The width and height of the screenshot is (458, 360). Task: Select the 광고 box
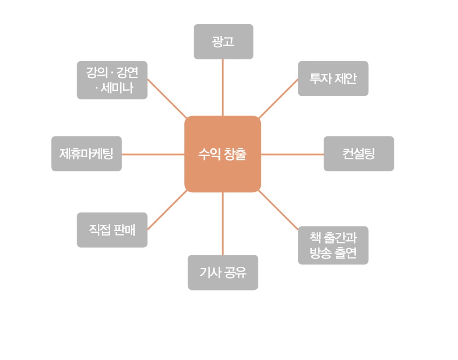pyautogui.click(x=223, y=41)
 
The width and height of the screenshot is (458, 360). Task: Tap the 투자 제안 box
pyautogui.click(x=333, y=79)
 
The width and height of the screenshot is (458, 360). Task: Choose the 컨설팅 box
pyautogui.click(x=359, y=154)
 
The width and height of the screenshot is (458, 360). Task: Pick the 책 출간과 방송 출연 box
pyautogui.click(x=333, y=245)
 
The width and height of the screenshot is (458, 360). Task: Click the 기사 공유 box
pyautogui.click(x=223, y=272)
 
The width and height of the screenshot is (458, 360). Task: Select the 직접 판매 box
pyautogui.click(x=112, y=230)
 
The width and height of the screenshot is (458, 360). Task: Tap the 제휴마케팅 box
pyautogui.click(x=86, y=154)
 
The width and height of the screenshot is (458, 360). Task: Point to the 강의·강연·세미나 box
pyautogui.click(x=112, y=80)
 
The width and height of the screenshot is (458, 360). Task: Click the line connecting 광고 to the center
pyautogui.click(x=223, y=87)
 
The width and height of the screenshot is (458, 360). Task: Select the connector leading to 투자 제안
pyautogui.click(x=278, y=99)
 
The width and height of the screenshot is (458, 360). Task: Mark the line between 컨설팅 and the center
pyautogui.click(x=292, y=154)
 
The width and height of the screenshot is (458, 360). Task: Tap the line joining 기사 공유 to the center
pyautogui.click(x=223, y=223)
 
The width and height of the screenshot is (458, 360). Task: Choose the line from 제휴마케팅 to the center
pyautogui.click(x=153, y=154)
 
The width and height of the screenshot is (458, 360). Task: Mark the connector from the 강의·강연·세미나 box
pyautogui.click(x=167, y=98)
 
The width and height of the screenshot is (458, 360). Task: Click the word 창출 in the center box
pyautogui.click(x=235, y=154)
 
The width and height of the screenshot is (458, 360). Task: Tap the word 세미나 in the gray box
pyautogui.click(x=117, y=88)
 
